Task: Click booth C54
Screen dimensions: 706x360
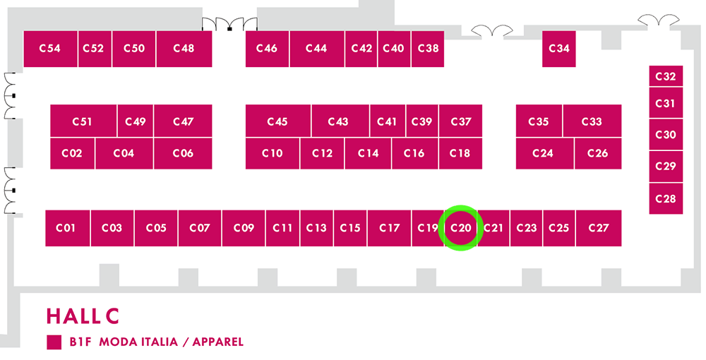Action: coord(50,49)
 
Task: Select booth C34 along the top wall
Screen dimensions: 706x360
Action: coord(558,49)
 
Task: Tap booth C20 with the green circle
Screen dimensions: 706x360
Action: coord(460,228)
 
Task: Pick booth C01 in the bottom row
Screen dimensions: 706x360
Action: coord(68,228)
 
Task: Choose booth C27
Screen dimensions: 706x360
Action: coord(599,228)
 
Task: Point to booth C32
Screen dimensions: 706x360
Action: coord(666,76)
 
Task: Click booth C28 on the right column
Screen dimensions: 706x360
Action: coord(666,198)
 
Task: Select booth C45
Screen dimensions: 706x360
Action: coord(277,121)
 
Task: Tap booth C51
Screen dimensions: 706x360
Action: coord(83,121)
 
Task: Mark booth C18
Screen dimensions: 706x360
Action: coord(460,153)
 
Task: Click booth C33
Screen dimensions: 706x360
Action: coord(592,121)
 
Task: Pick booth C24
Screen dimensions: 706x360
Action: coord(545,153)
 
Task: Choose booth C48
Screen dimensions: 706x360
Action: coord(184,49)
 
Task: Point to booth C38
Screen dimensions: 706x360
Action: coord(428,49)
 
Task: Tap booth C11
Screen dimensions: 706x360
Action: coord(283,228)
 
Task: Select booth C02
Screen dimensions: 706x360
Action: coord(72,153)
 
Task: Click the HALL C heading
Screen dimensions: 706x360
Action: coord(83,316)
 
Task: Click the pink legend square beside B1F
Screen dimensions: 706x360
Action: coord(54,342)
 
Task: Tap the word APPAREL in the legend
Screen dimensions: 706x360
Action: coord(218,342)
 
